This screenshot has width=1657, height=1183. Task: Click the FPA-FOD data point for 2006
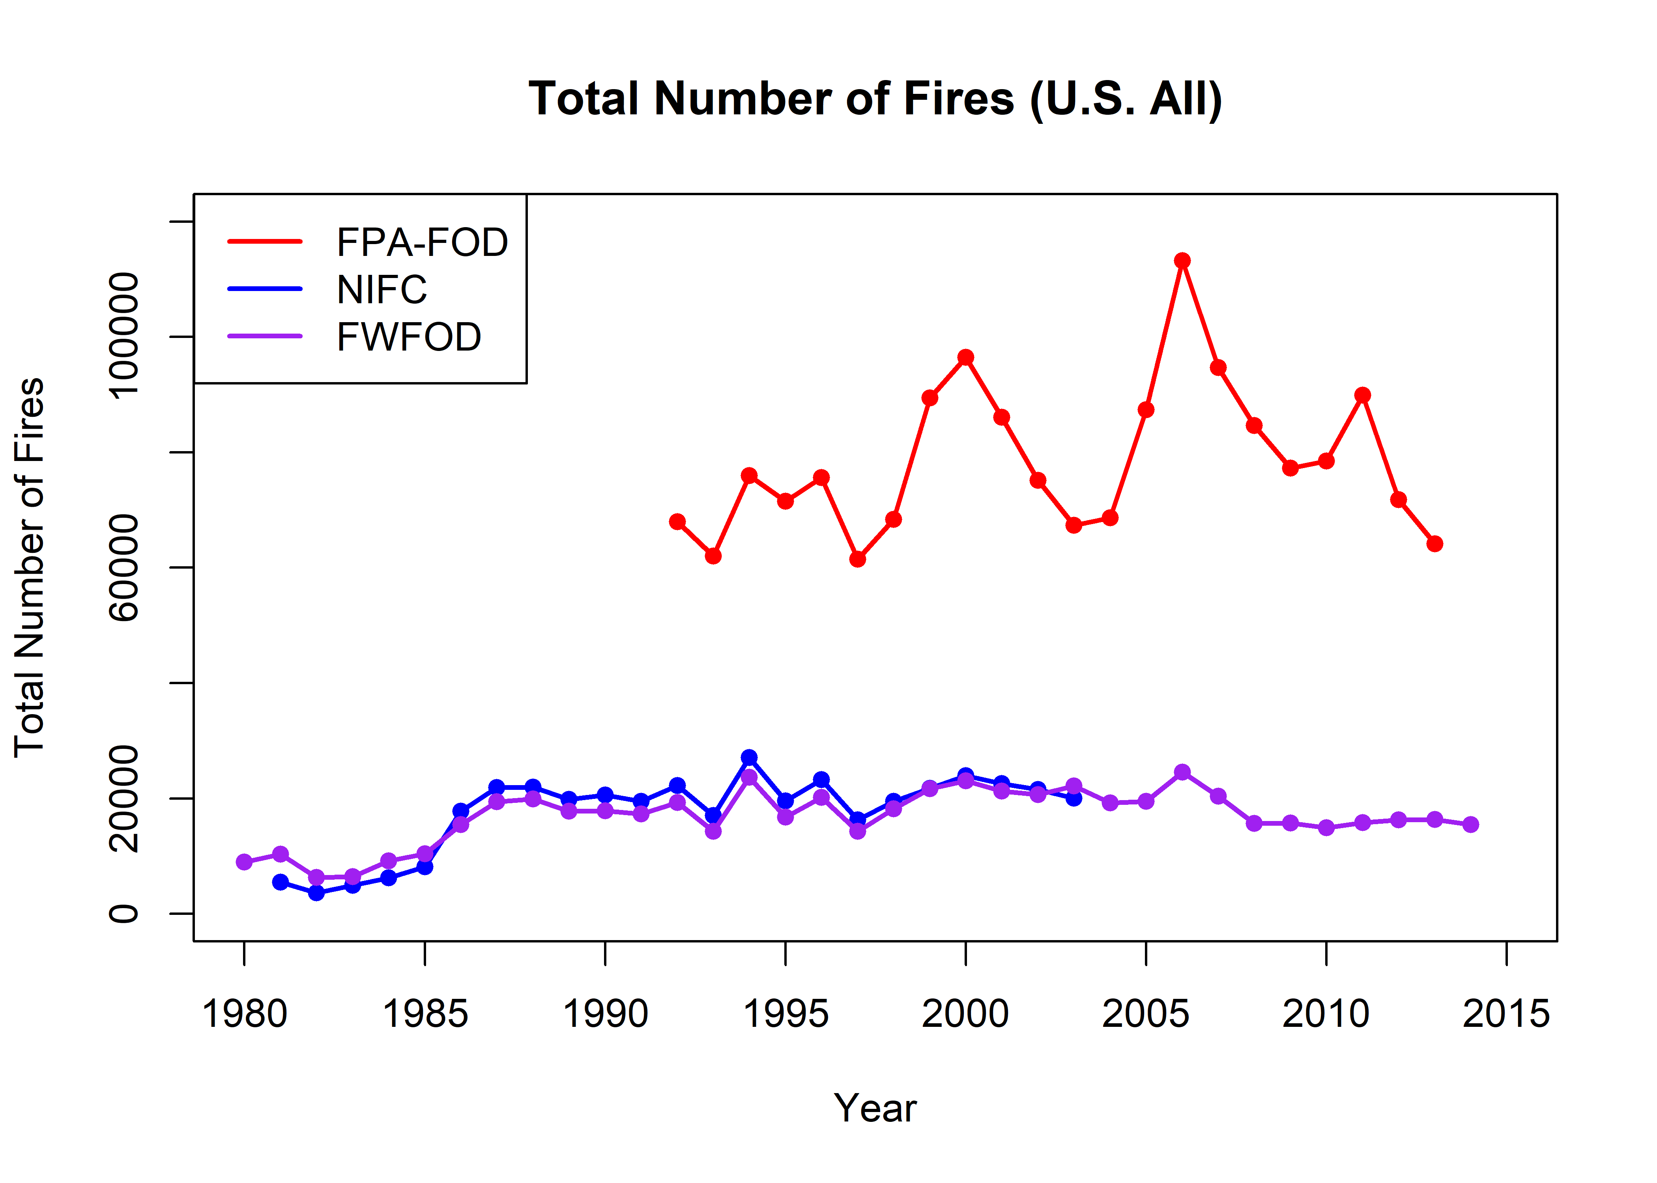[x=1182, y=261]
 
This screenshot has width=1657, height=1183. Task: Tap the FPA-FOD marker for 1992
[x=677, y=522]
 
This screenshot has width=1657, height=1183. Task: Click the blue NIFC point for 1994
[x=749, y=758]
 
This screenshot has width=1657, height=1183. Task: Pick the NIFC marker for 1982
[x=316, y=892]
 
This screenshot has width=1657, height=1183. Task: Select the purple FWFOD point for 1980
[x=244, y=862]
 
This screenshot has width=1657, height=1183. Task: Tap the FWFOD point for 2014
[x=1470, y=825]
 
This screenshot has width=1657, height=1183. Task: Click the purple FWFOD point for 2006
[x=1182, y=772]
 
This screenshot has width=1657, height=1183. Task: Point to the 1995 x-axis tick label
[x=785, y=1014]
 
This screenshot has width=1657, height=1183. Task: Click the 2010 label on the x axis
[x=1326, y=1014]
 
